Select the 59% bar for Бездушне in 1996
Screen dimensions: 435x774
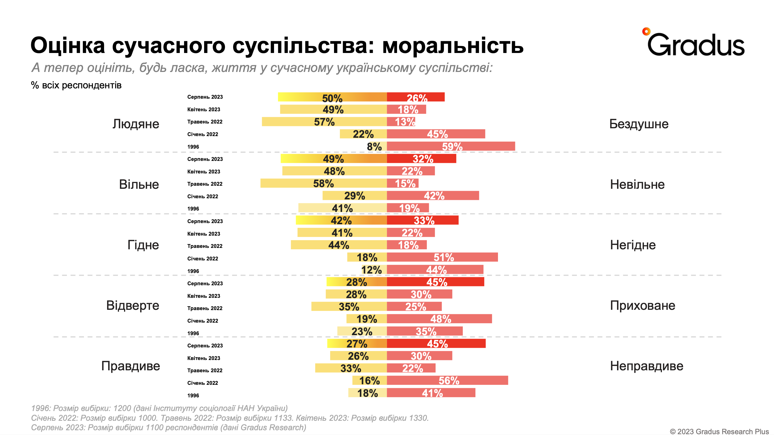pyautogui.click(x=451, y=146)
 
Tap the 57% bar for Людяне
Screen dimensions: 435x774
pyautogui.click(x=324, y=122)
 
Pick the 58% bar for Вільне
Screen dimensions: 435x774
pyautogui.click(x=323, y=183)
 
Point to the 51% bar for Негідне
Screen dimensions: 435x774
pyautogui.click(x=442, y=257)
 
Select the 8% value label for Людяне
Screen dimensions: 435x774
pyautogui.click(x=374, y=147)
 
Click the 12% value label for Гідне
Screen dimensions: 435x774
pyautogui.click(x=371, y=270)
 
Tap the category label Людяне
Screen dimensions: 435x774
pyautogui.click(x=136, y=124)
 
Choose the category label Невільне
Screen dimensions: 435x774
pyautogui.click(x=637, y=184)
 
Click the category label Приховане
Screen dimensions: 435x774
pyautogui.click(x=642, y=305)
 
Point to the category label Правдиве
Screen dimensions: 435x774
pyautogui.click(x=130, y=366)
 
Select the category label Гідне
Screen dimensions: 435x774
pyautogui.click(x=143, y=245)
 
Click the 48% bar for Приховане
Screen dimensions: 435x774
pyautogui.click(x=439, y=319)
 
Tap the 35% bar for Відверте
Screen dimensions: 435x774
pyautogui.click(x=349, y=306)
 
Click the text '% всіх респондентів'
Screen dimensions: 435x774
pyautogui.click(x=76, y=85)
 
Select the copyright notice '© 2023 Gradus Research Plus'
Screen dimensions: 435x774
pyautogui.click(x=719, y=431)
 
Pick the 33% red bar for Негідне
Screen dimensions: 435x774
pyautogui.click(x=422, y=220)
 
